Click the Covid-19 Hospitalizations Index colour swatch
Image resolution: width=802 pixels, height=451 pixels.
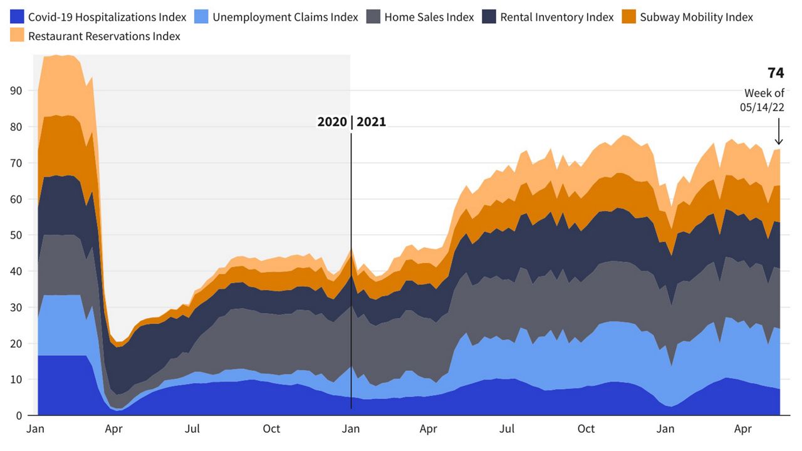tap(17, 17)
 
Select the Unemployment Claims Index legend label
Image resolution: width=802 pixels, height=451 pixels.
tap(285, 17)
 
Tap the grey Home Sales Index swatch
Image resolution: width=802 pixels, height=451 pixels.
tap(373, 17)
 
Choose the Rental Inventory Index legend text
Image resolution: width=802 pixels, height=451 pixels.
tap(556, 17)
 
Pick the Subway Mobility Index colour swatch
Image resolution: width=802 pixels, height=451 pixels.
tap(628, 17)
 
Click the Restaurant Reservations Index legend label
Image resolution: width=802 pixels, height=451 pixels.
tap(104, 36)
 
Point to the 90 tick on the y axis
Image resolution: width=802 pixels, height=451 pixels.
tap(16, 91)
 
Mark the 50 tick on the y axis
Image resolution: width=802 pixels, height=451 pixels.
tap(16, 235)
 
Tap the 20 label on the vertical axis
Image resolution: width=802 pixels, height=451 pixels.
tap(16, 343)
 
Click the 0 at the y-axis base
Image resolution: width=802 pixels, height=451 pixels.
tap(19, 415)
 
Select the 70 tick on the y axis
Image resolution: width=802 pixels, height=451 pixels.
tap(16, 163)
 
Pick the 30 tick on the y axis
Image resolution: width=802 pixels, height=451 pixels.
tap(16, 308)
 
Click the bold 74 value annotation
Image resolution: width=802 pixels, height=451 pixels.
tap(776, 73)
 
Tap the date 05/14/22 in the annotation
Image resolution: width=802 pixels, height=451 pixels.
tap(762, 107)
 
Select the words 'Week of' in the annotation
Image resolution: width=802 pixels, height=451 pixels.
tap(764, 93)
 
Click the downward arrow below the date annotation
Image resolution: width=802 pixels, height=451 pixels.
tap(779, 133)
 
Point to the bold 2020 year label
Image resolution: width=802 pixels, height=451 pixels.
tap(332, 122)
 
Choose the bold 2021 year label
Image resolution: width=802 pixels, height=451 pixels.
tap(372, 122)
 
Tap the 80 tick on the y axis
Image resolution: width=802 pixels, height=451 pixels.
tap(16, 127)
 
